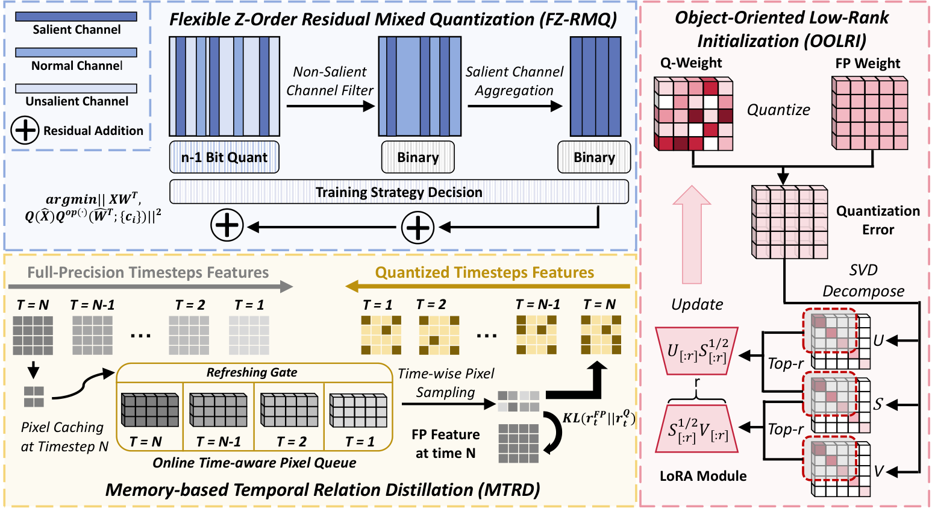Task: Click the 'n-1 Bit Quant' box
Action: point(224,157)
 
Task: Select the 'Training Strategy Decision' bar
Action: point(399,192)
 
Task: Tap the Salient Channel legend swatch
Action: point(76,17)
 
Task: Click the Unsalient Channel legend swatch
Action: point(76,89)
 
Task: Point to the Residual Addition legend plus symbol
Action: point(25,130)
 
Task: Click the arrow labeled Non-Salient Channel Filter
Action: point(330,107)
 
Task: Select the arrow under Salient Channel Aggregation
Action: point(514,107)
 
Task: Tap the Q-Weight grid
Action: point(693,114)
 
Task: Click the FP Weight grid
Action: point(869,113)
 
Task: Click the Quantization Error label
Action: point(878,220)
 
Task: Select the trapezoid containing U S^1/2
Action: point(696,351)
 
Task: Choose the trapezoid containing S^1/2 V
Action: point(696,430)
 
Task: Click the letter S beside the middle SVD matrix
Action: point(878,404)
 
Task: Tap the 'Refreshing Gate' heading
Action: point(252,372)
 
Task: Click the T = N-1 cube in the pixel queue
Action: point(218,410)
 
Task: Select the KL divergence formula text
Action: point(599,419)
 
